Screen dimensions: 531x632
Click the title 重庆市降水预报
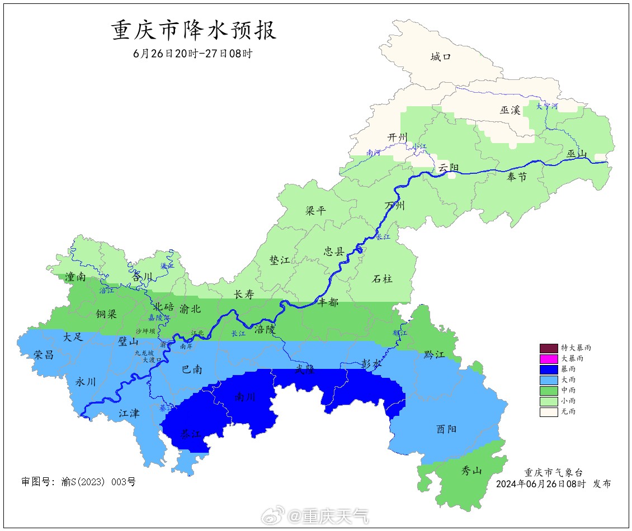(195, 31)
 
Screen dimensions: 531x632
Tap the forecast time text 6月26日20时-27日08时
(193, 54)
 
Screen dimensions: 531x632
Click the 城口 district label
(440, 56)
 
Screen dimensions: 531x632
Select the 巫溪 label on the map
(510, 110)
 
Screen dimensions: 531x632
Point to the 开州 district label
(398, 138)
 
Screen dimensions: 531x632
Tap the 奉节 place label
(516, 177)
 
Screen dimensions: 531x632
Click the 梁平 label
(315, 211)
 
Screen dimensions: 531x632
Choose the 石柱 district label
(382, 278)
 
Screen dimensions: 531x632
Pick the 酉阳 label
(446, 429)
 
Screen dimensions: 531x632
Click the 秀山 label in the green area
(471, 470)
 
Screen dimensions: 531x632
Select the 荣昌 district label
(44, 354)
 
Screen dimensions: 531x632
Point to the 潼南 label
(75, 277)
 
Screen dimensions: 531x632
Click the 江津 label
(129, 414)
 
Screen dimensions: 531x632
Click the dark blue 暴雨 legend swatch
(549, 369)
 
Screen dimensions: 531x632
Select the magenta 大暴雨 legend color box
(549, 358)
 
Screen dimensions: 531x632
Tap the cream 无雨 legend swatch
(549, 412)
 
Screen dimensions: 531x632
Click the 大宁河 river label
(546, 106)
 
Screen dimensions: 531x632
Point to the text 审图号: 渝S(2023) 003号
(78, 481)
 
